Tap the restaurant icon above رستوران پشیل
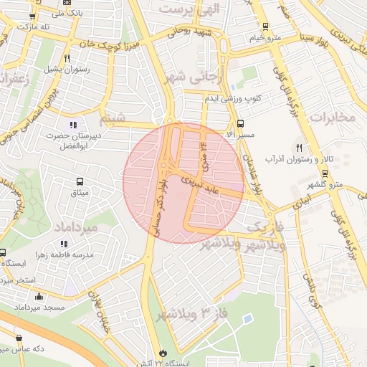tap(67, 57)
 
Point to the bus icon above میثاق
tap(80, 181)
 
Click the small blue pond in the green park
tap(247, 318)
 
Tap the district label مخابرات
tap(335, 118)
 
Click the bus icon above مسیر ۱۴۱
tap(240, 123)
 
